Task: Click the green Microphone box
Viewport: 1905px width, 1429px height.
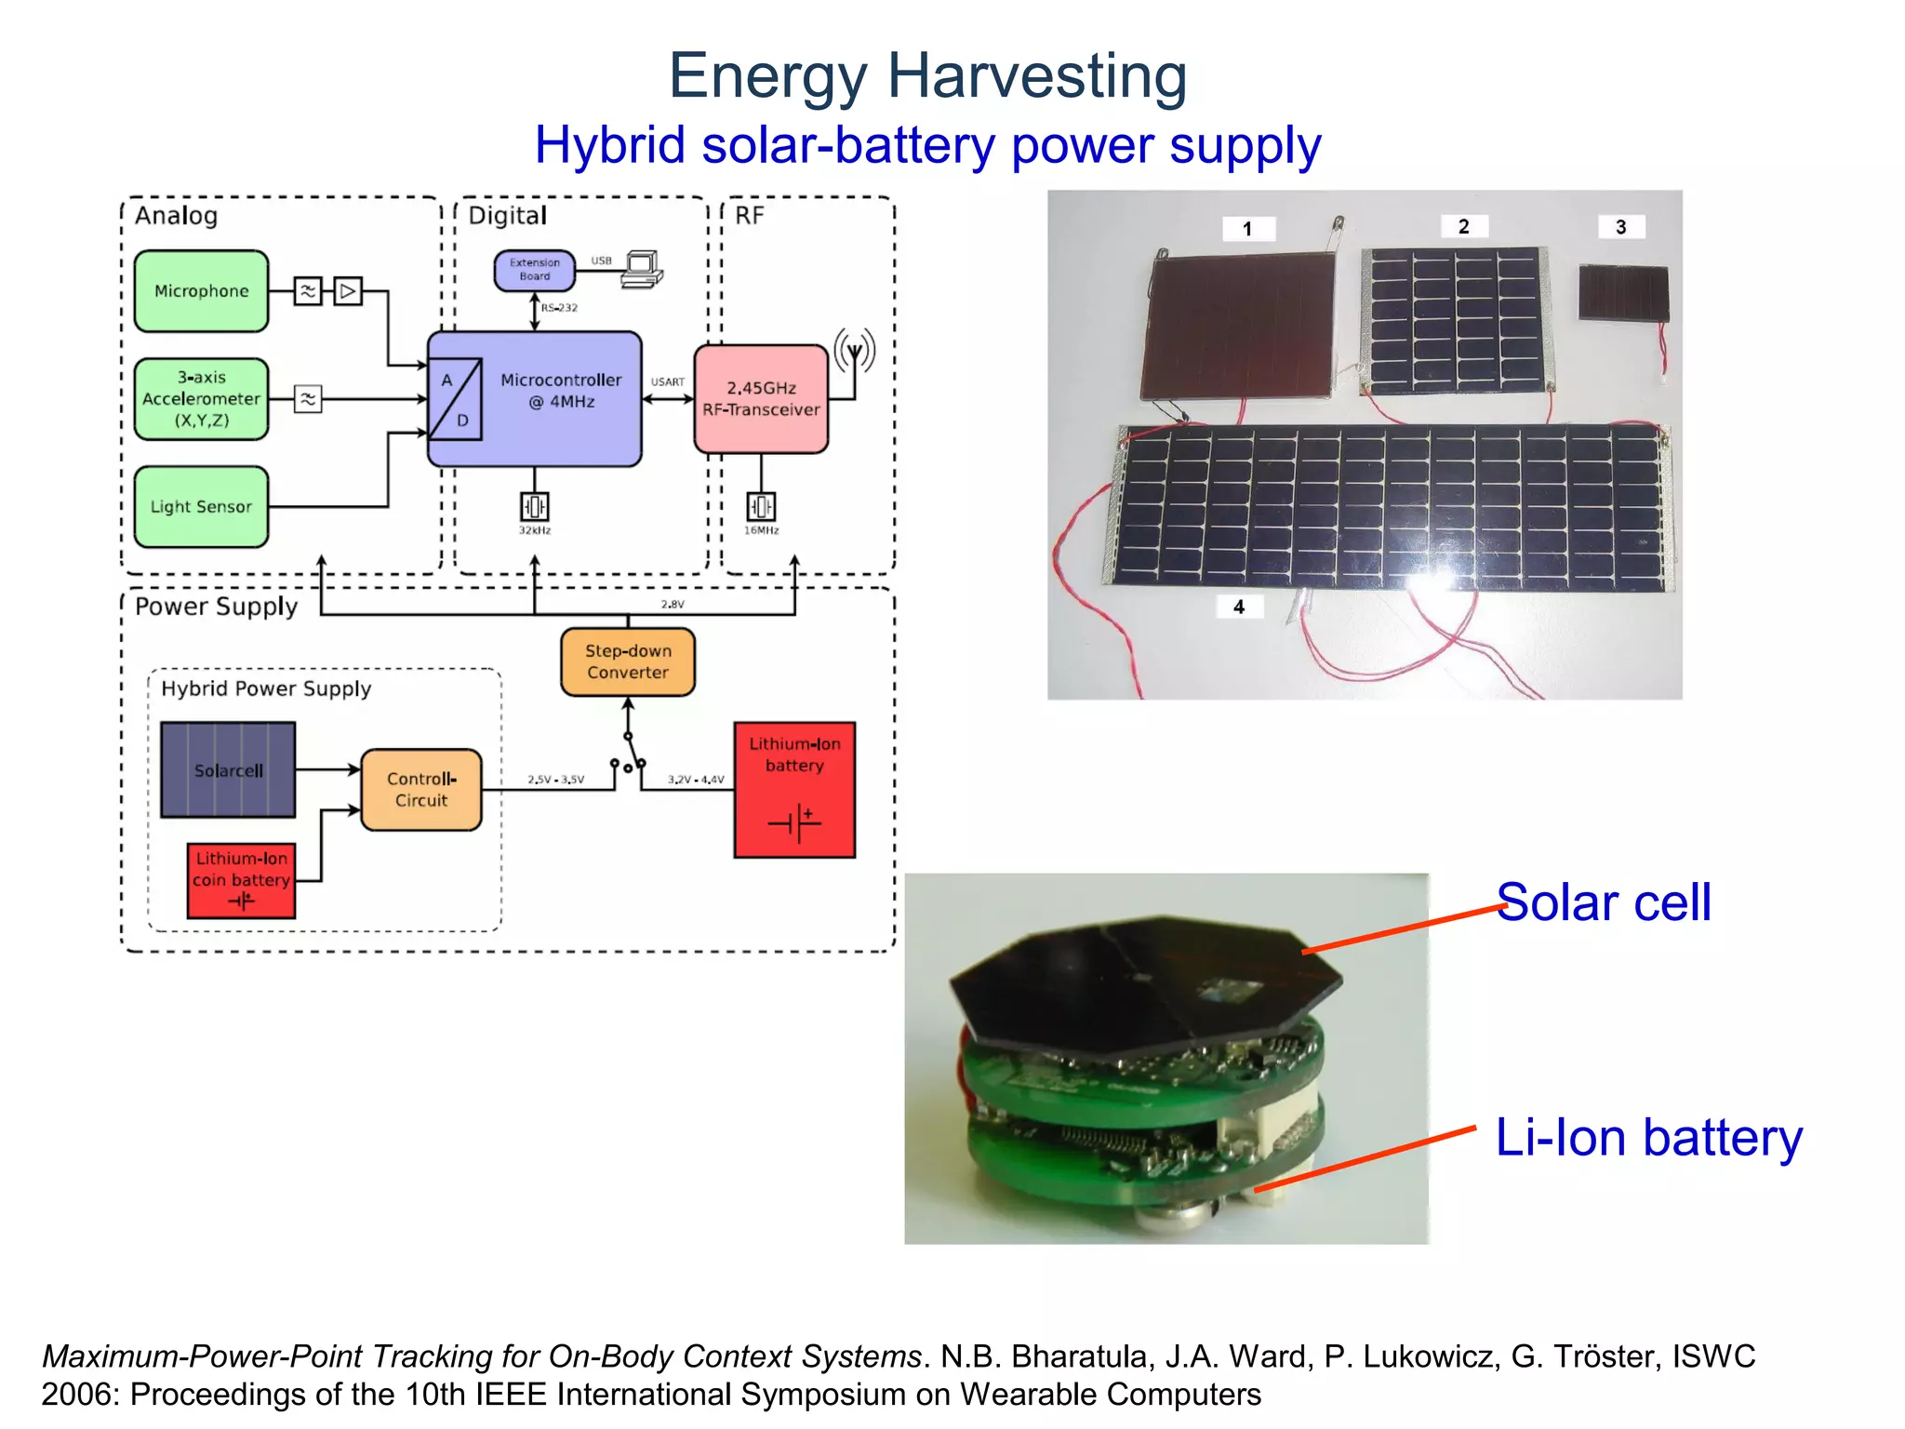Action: pyautogui.click(x=201, y=291)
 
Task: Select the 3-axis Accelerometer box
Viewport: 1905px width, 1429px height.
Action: pyautogui.click(x=201, y=399)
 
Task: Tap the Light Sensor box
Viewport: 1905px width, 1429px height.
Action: pyautogui.click(x=201, y=507)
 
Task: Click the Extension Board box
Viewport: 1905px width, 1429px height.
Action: pyautogui.click(x=534, y=270)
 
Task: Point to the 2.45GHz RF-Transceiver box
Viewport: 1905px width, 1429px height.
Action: pyautogui.click(x=761, y=399)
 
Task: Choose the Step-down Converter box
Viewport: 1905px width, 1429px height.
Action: pyautogui.click(x=628, y=661)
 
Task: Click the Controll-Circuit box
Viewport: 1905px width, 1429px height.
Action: pyautogui.click(x=421, y=789)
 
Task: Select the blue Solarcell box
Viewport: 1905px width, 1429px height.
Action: pyautogui.click(x=228, y=770)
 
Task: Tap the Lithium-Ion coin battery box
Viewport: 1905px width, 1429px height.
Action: pyautogui.click(x=241, y=880)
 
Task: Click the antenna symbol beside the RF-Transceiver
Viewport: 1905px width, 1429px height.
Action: pyautogui.click(x=855, y=352)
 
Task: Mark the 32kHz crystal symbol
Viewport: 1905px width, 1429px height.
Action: pyautogui.click(x=535, y=506)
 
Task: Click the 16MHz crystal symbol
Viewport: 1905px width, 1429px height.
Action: pyautogui.click(x=761, y=506)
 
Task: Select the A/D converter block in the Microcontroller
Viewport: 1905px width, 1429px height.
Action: pyautogui.click(x=455, y=399)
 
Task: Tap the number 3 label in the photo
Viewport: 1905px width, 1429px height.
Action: pyautogui.click(x=1621, y=227)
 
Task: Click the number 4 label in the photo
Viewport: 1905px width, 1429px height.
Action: pyautogui.click(x=1239, y=607)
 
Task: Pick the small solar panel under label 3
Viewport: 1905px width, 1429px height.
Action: pyautogui.click(x=1623, y=293)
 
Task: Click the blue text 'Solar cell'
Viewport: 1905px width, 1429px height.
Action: pyautogui.click(x=1604, y=902)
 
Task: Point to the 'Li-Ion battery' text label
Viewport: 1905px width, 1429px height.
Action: pyautogui.click(x=1648, y=1138)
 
